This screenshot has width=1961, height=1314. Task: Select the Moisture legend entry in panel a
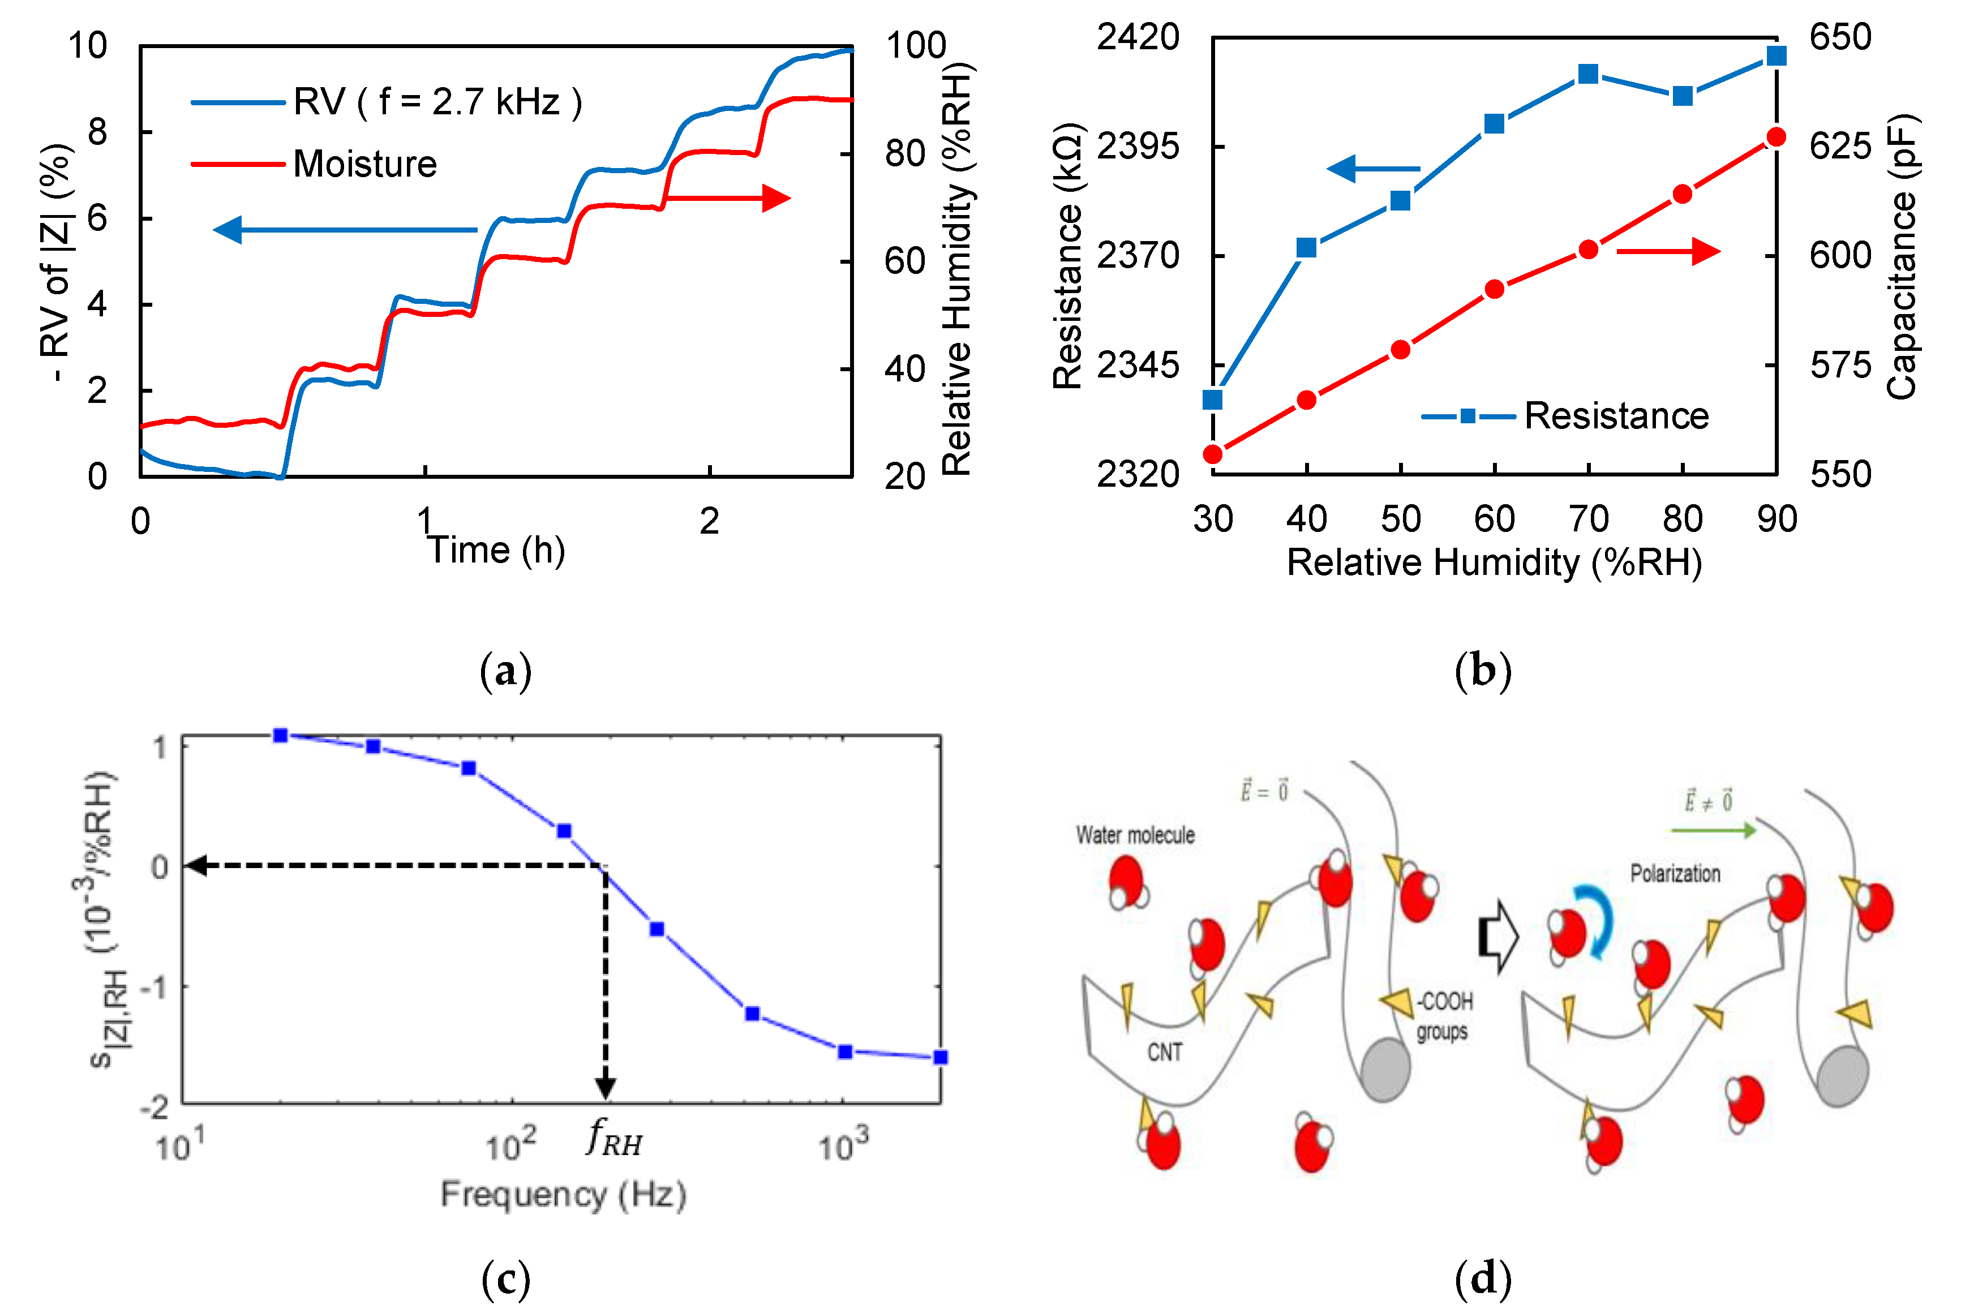[364, 164]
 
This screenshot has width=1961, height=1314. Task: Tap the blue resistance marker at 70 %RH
[1588, 74]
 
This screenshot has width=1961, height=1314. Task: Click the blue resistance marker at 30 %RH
[1213, 400]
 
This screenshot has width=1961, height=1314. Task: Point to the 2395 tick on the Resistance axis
[1137, 147]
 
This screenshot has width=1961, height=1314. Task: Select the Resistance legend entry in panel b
[1616, 416]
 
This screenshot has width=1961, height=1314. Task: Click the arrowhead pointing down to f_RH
[605, 1089]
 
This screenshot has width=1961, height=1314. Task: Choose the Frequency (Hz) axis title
[563, 1194]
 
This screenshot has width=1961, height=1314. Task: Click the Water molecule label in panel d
[1135, 835]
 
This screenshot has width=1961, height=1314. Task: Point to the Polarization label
[1675, 874]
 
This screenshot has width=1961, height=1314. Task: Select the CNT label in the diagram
[1165, 1051]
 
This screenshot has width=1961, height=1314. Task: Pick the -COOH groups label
[1444, 1016]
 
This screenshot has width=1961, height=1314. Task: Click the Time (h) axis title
[496, 551]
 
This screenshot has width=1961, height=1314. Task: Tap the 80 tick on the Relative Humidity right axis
[904, 153]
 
